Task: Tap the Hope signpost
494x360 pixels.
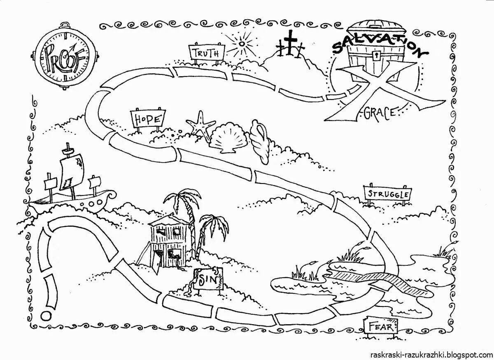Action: (x=148, y=119)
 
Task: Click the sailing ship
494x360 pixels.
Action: (x=72, y=181)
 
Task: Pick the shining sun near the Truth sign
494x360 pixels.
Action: (x=242, y=43)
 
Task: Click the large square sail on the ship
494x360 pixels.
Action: (x=73, y=169)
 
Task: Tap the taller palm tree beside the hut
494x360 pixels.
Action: (x=182, y=206)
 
